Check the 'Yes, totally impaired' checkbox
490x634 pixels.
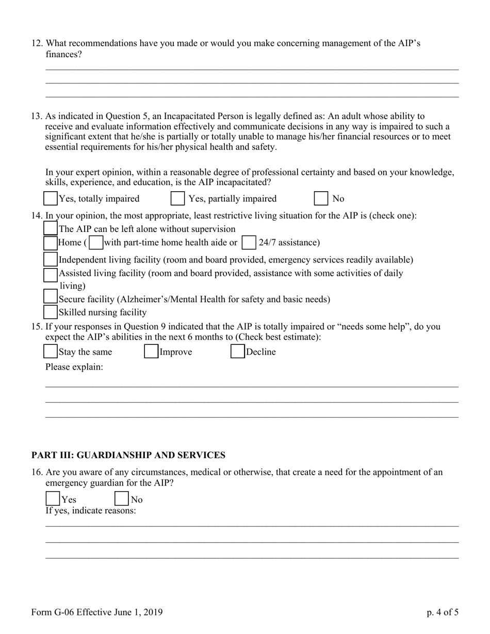coord(51,198)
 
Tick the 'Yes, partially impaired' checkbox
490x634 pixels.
coord(177,198)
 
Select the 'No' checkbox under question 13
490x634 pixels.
coord(321,198)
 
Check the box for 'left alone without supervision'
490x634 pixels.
coord(51,228)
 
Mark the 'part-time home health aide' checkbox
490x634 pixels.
coord(95,242)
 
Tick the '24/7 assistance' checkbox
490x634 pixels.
coord(249,242)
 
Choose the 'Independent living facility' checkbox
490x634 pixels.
coord(51,259)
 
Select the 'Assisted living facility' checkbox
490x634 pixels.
coord(51,274)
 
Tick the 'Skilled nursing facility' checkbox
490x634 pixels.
coord(51,312)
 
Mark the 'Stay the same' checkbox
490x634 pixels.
coord(51,352)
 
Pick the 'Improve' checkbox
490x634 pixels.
coord(151,352)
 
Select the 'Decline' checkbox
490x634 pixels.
coord(237,352)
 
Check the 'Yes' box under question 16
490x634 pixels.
coord(53,499)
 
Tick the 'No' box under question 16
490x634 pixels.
coord(121,499)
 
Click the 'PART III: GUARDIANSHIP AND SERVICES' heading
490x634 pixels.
coord(128,455)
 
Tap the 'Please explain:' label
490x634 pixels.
coord(74,367)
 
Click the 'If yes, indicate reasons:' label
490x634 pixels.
coord(91,510)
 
